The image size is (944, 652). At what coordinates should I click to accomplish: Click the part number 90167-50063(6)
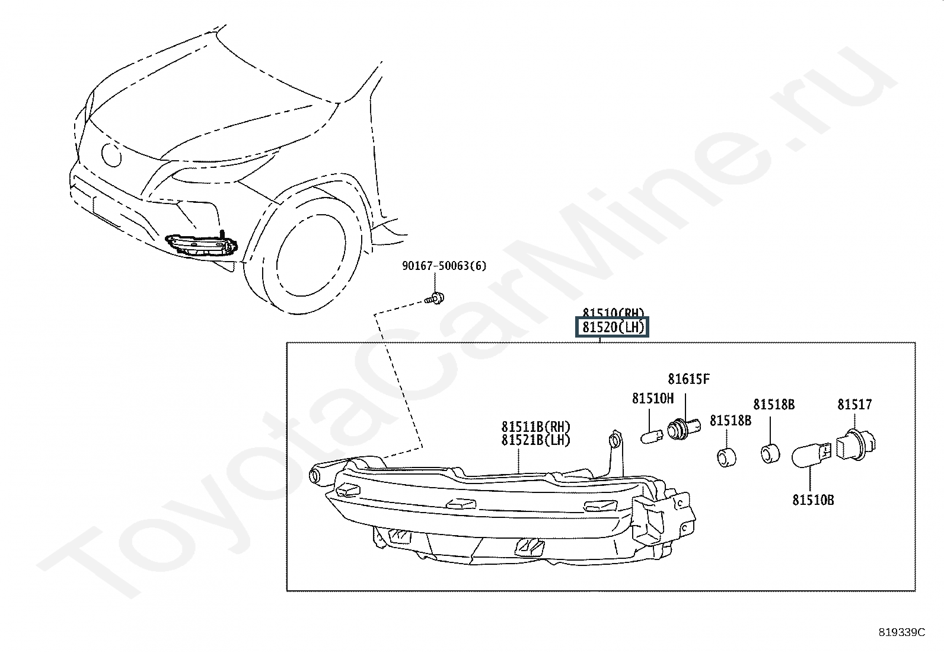tap(444, 266)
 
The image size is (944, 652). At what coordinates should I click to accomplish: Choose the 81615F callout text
tap(688, 379)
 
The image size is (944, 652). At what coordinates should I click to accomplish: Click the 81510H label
tap(652, 399)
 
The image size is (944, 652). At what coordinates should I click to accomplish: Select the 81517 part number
tap(854, 405)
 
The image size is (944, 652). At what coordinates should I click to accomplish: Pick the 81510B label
tap(813, 500)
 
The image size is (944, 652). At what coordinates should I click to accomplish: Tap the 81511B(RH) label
tap(535, 427)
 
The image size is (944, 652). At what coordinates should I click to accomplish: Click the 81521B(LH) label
tap(535, 440)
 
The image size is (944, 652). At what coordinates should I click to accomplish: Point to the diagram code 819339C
tap(901, 632)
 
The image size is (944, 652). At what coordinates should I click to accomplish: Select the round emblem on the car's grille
tap(111, 155)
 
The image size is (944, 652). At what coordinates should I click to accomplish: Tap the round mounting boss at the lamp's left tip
tap(316, 475)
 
